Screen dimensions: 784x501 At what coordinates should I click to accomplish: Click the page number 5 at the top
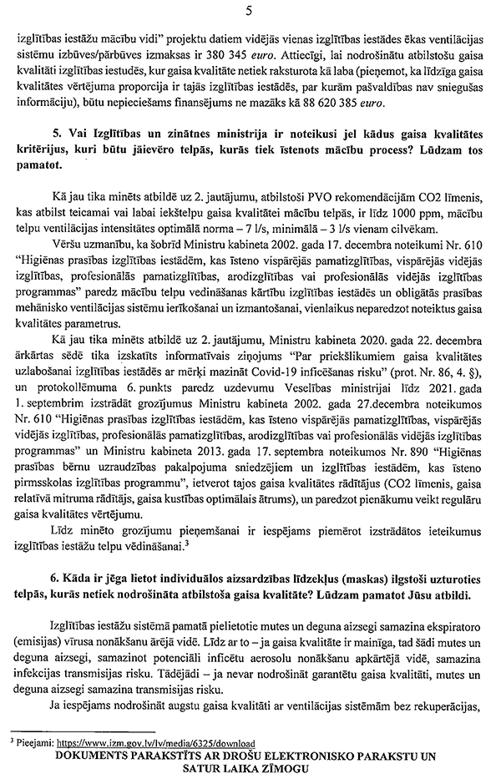[x=250, y=11]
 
